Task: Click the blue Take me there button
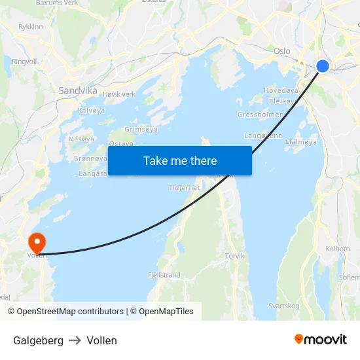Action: (x=179, y=160)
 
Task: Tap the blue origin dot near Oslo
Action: (x=323, y=65)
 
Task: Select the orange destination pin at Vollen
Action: (x=37, y=242)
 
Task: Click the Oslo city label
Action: (x=282, y=50)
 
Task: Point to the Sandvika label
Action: (x=78, y=91)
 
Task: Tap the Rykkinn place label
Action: (x=31, y=27)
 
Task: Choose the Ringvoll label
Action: (x=25, y=62)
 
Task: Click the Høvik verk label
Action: (x=119, y=94)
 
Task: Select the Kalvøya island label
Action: (x=91, y=111)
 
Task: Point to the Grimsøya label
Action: (x=141, y=130)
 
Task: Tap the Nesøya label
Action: (x=81, y=139)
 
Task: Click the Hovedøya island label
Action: (x=281, y=90)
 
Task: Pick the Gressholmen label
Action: (x=260, y=115)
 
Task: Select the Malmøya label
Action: (x=301, y=141)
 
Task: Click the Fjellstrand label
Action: (x=164, y=275)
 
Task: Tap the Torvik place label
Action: (x=234, y=256)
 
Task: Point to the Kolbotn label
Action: (x=338, y=249)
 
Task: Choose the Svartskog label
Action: (x=285, y=306)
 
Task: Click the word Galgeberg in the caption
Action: (x=39, y=340)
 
